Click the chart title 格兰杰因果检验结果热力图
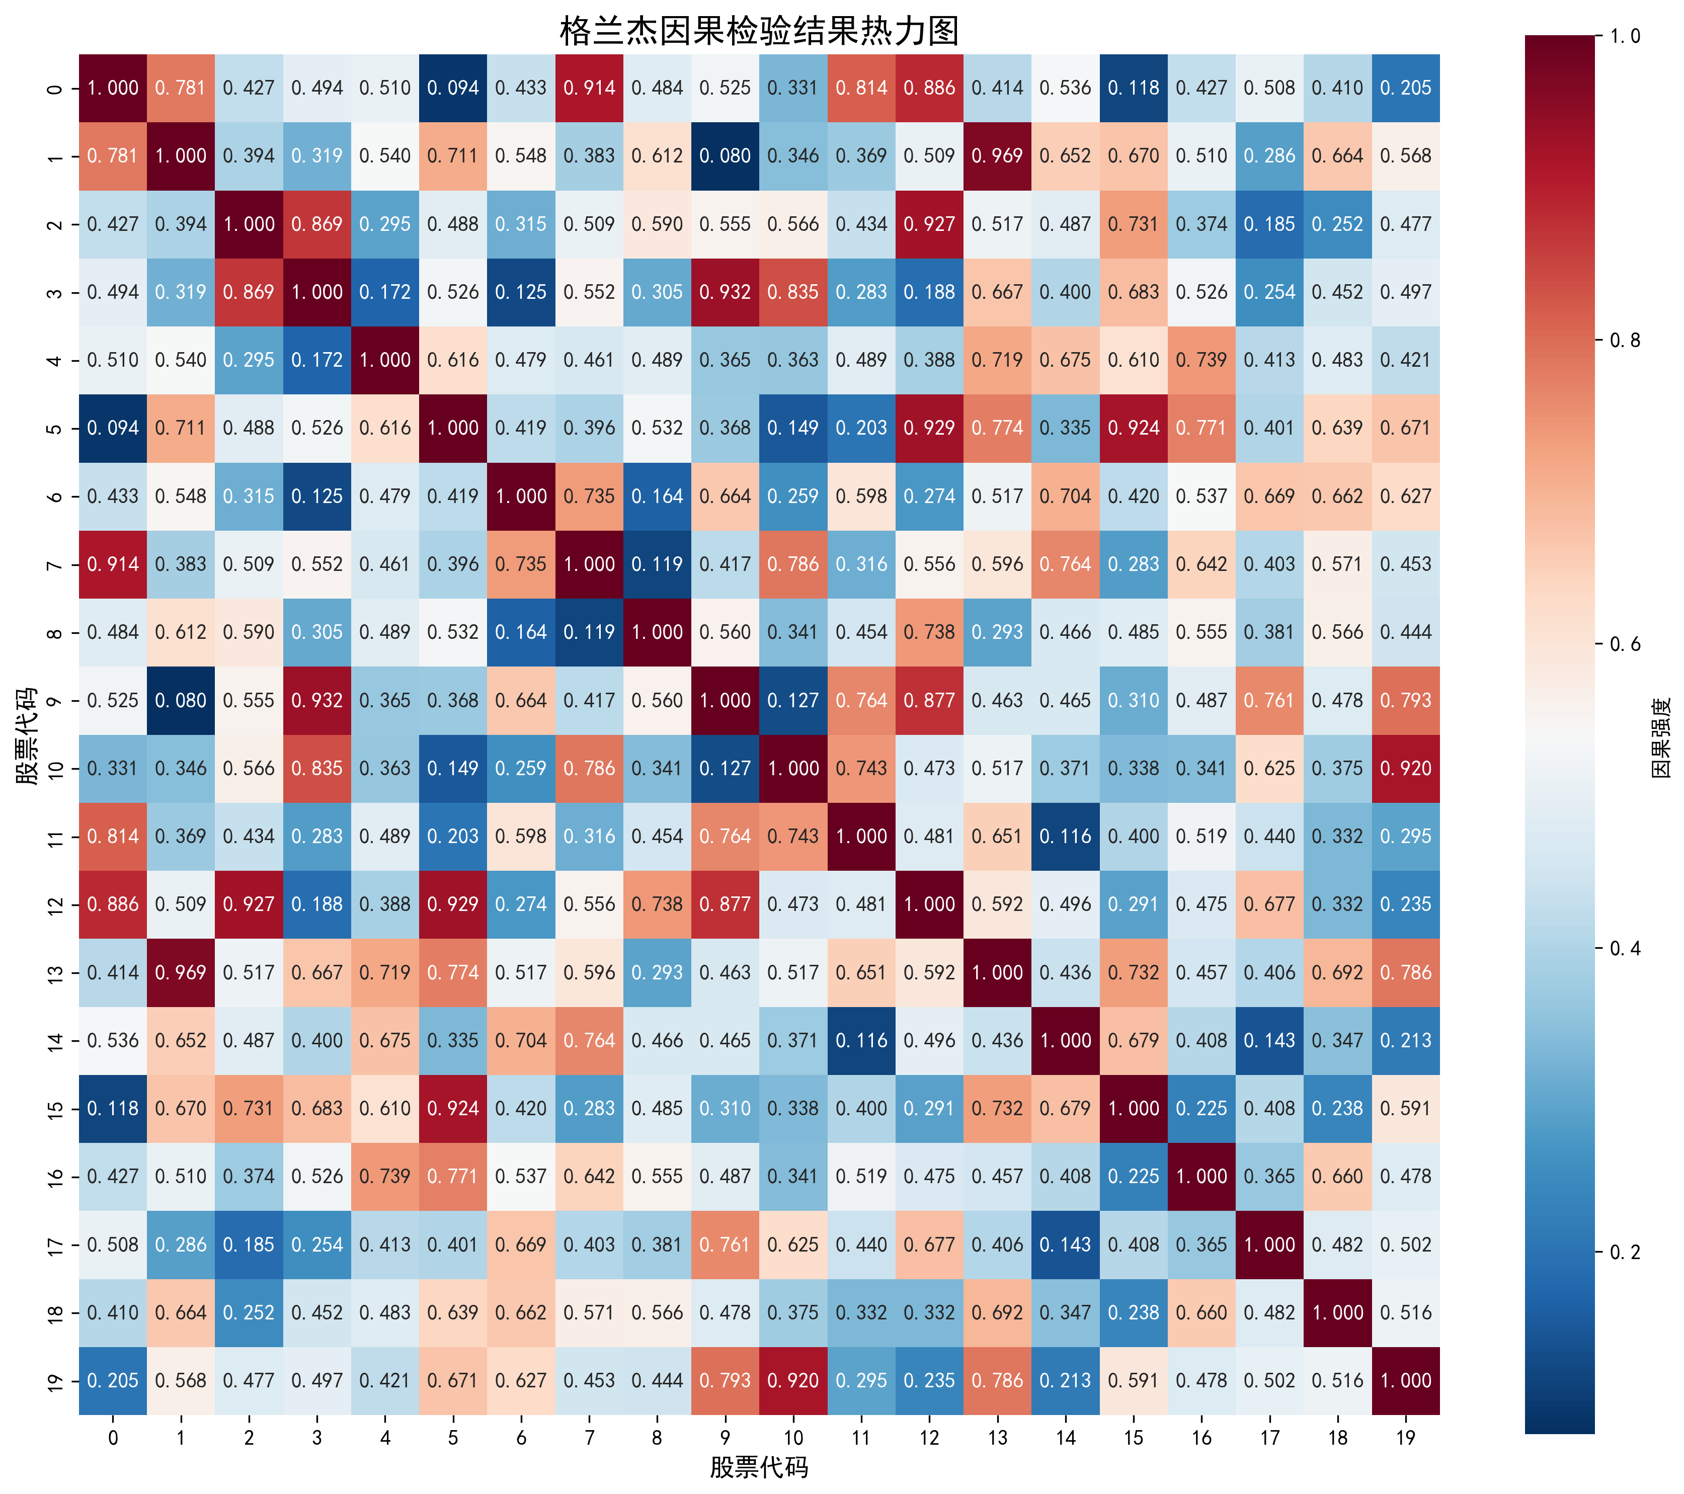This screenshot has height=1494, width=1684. point(759,31)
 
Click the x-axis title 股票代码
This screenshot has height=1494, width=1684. point(759,1467)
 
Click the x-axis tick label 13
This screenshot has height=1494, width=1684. point(997,1437)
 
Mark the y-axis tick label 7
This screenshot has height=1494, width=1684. point(54,565)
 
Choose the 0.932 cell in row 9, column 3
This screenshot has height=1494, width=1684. point(317,701)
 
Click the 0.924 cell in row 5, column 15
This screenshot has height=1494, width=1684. point(1134,428)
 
